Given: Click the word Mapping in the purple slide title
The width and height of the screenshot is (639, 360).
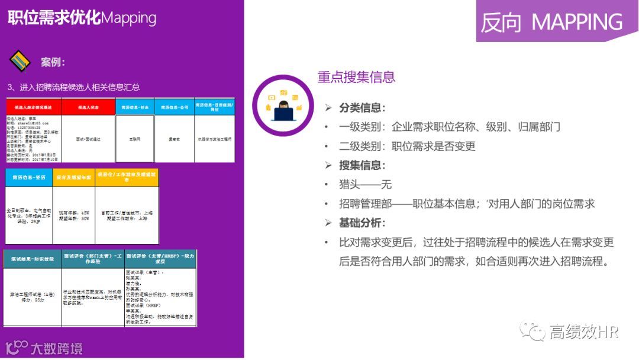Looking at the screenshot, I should tap(129, 18).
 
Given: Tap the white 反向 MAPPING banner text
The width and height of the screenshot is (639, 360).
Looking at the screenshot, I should tap(551, 22).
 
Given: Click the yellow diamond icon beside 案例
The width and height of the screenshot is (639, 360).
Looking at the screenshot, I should tap(20, 61).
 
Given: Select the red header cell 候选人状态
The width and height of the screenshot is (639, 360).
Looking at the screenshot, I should tap(88, 107).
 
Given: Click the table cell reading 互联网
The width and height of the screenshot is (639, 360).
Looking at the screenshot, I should tap(134, 139).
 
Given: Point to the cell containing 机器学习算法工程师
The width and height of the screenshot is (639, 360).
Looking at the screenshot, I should tap(214, 139).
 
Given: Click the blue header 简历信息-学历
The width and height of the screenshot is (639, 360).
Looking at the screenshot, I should tap(28, 177).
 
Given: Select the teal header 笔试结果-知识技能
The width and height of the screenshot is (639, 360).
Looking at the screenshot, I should tap(32, 259).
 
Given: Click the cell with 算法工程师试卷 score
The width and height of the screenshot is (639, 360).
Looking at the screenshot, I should tap(32, 296).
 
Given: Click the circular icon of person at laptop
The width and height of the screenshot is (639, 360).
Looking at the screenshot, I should tap(282, 105).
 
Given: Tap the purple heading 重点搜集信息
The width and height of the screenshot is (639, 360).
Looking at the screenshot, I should tap(356, 77).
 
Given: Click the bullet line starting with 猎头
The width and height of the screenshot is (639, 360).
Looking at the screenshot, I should tap(365, 185).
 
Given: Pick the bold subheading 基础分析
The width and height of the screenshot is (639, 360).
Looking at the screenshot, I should tap(362, 223).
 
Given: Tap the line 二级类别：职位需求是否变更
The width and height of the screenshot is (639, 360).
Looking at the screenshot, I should tap(407, 146).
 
